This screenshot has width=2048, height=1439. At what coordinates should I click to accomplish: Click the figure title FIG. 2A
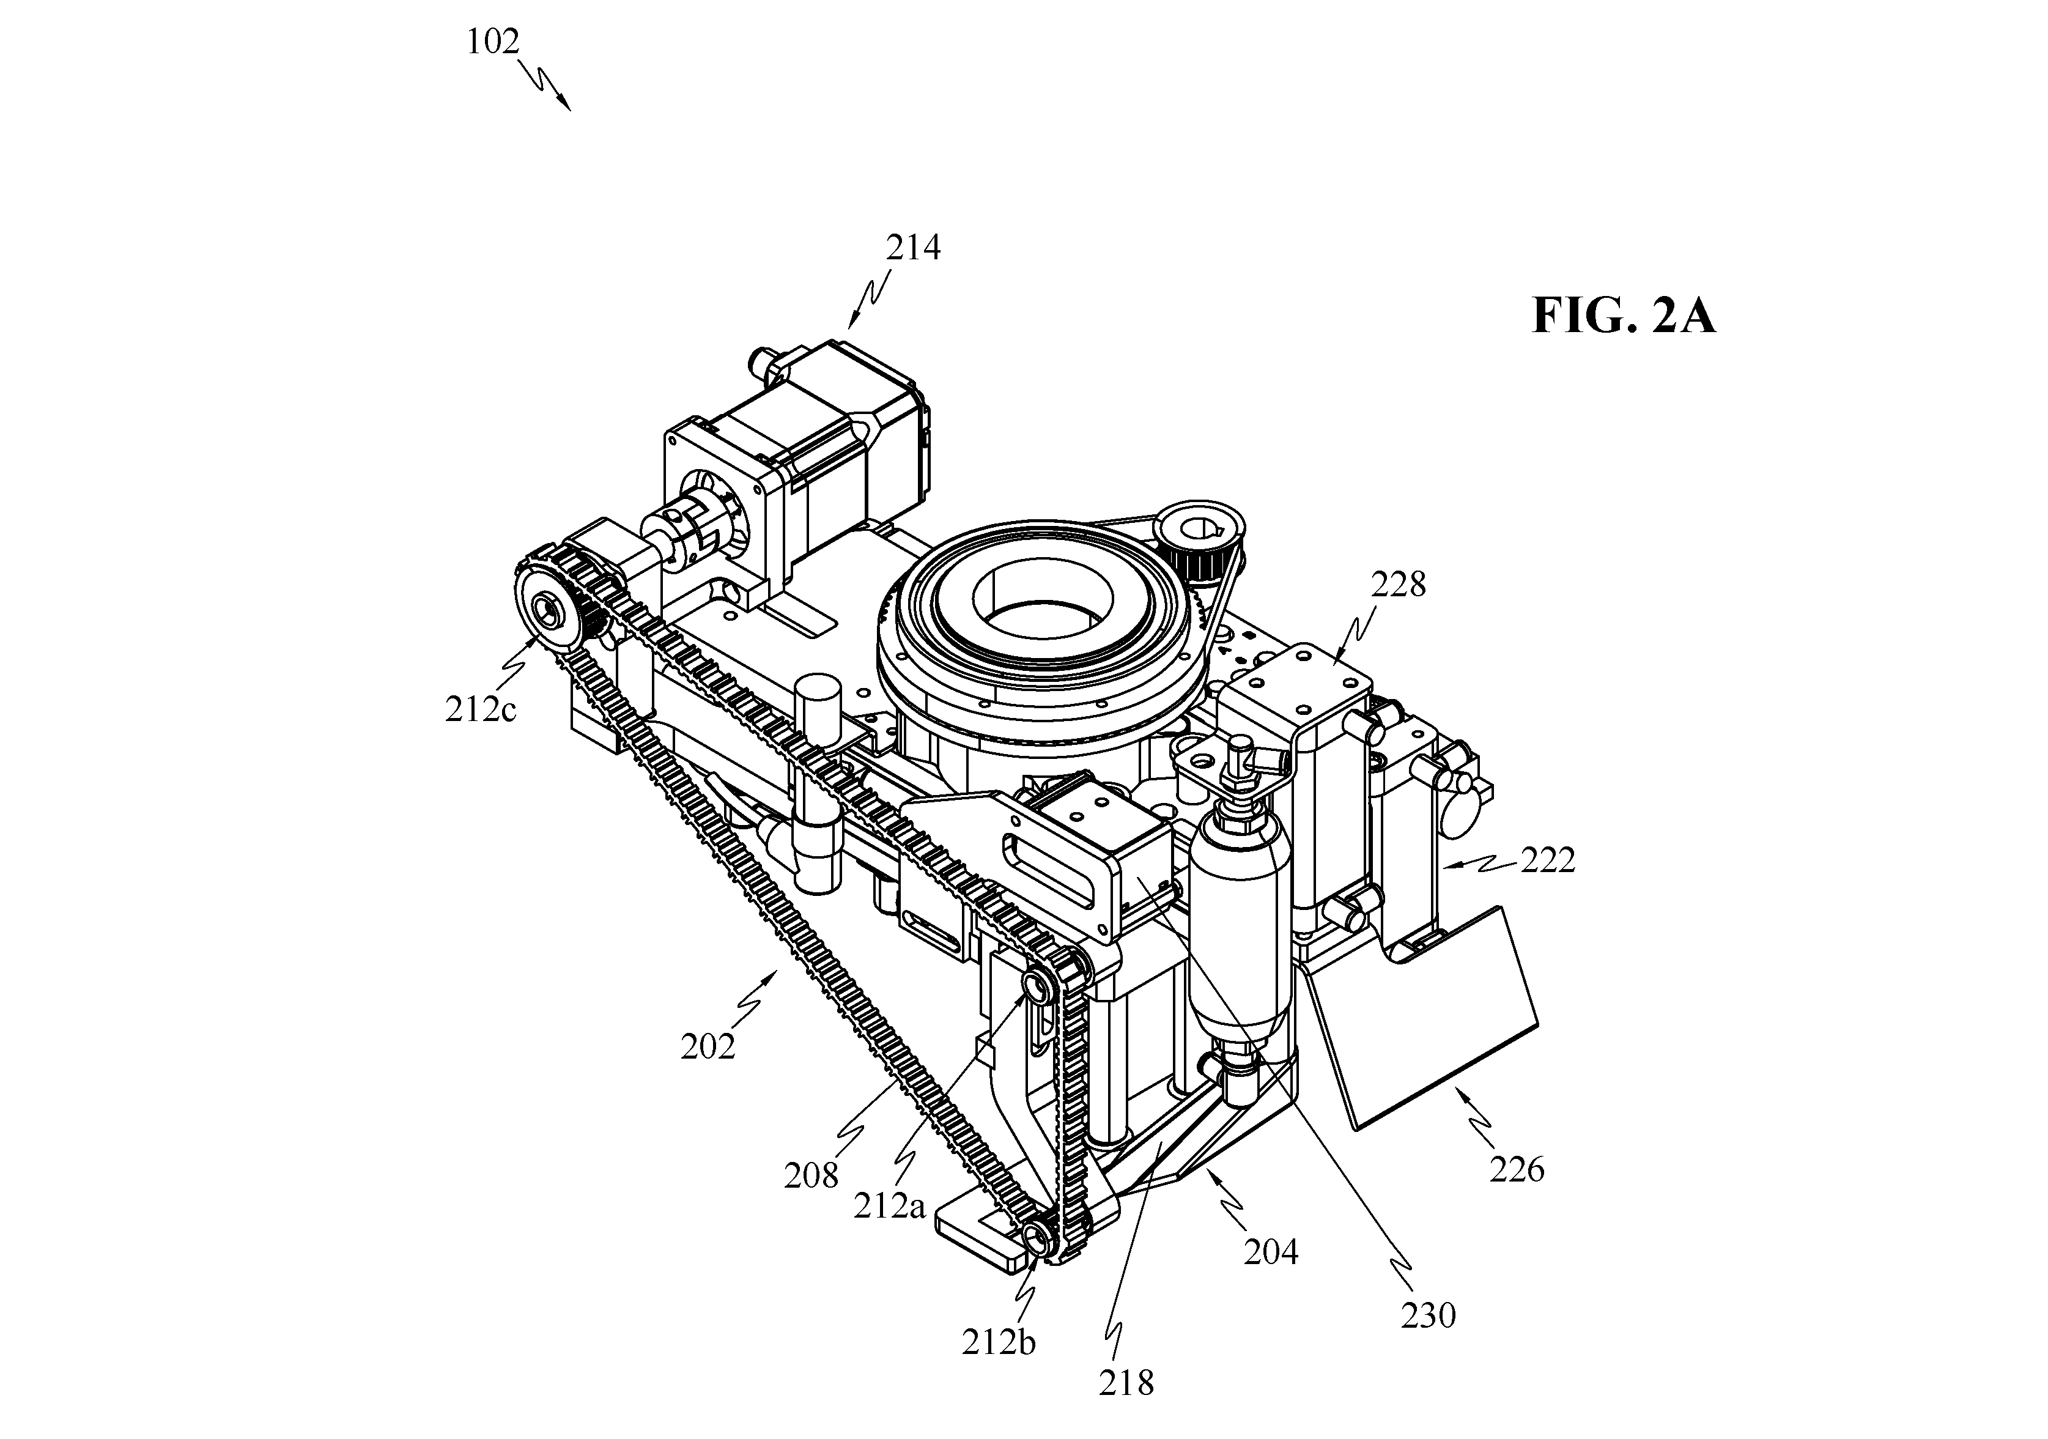tap(1624, 317)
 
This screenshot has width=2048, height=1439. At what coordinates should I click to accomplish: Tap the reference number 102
tap(492, 41)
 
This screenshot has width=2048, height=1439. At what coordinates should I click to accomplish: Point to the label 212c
tap(481, 710)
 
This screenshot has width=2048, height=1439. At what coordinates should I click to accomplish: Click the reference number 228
tap(1399, 584)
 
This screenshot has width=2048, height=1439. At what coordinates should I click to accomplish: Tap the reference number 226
tap(1517, 1169)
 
